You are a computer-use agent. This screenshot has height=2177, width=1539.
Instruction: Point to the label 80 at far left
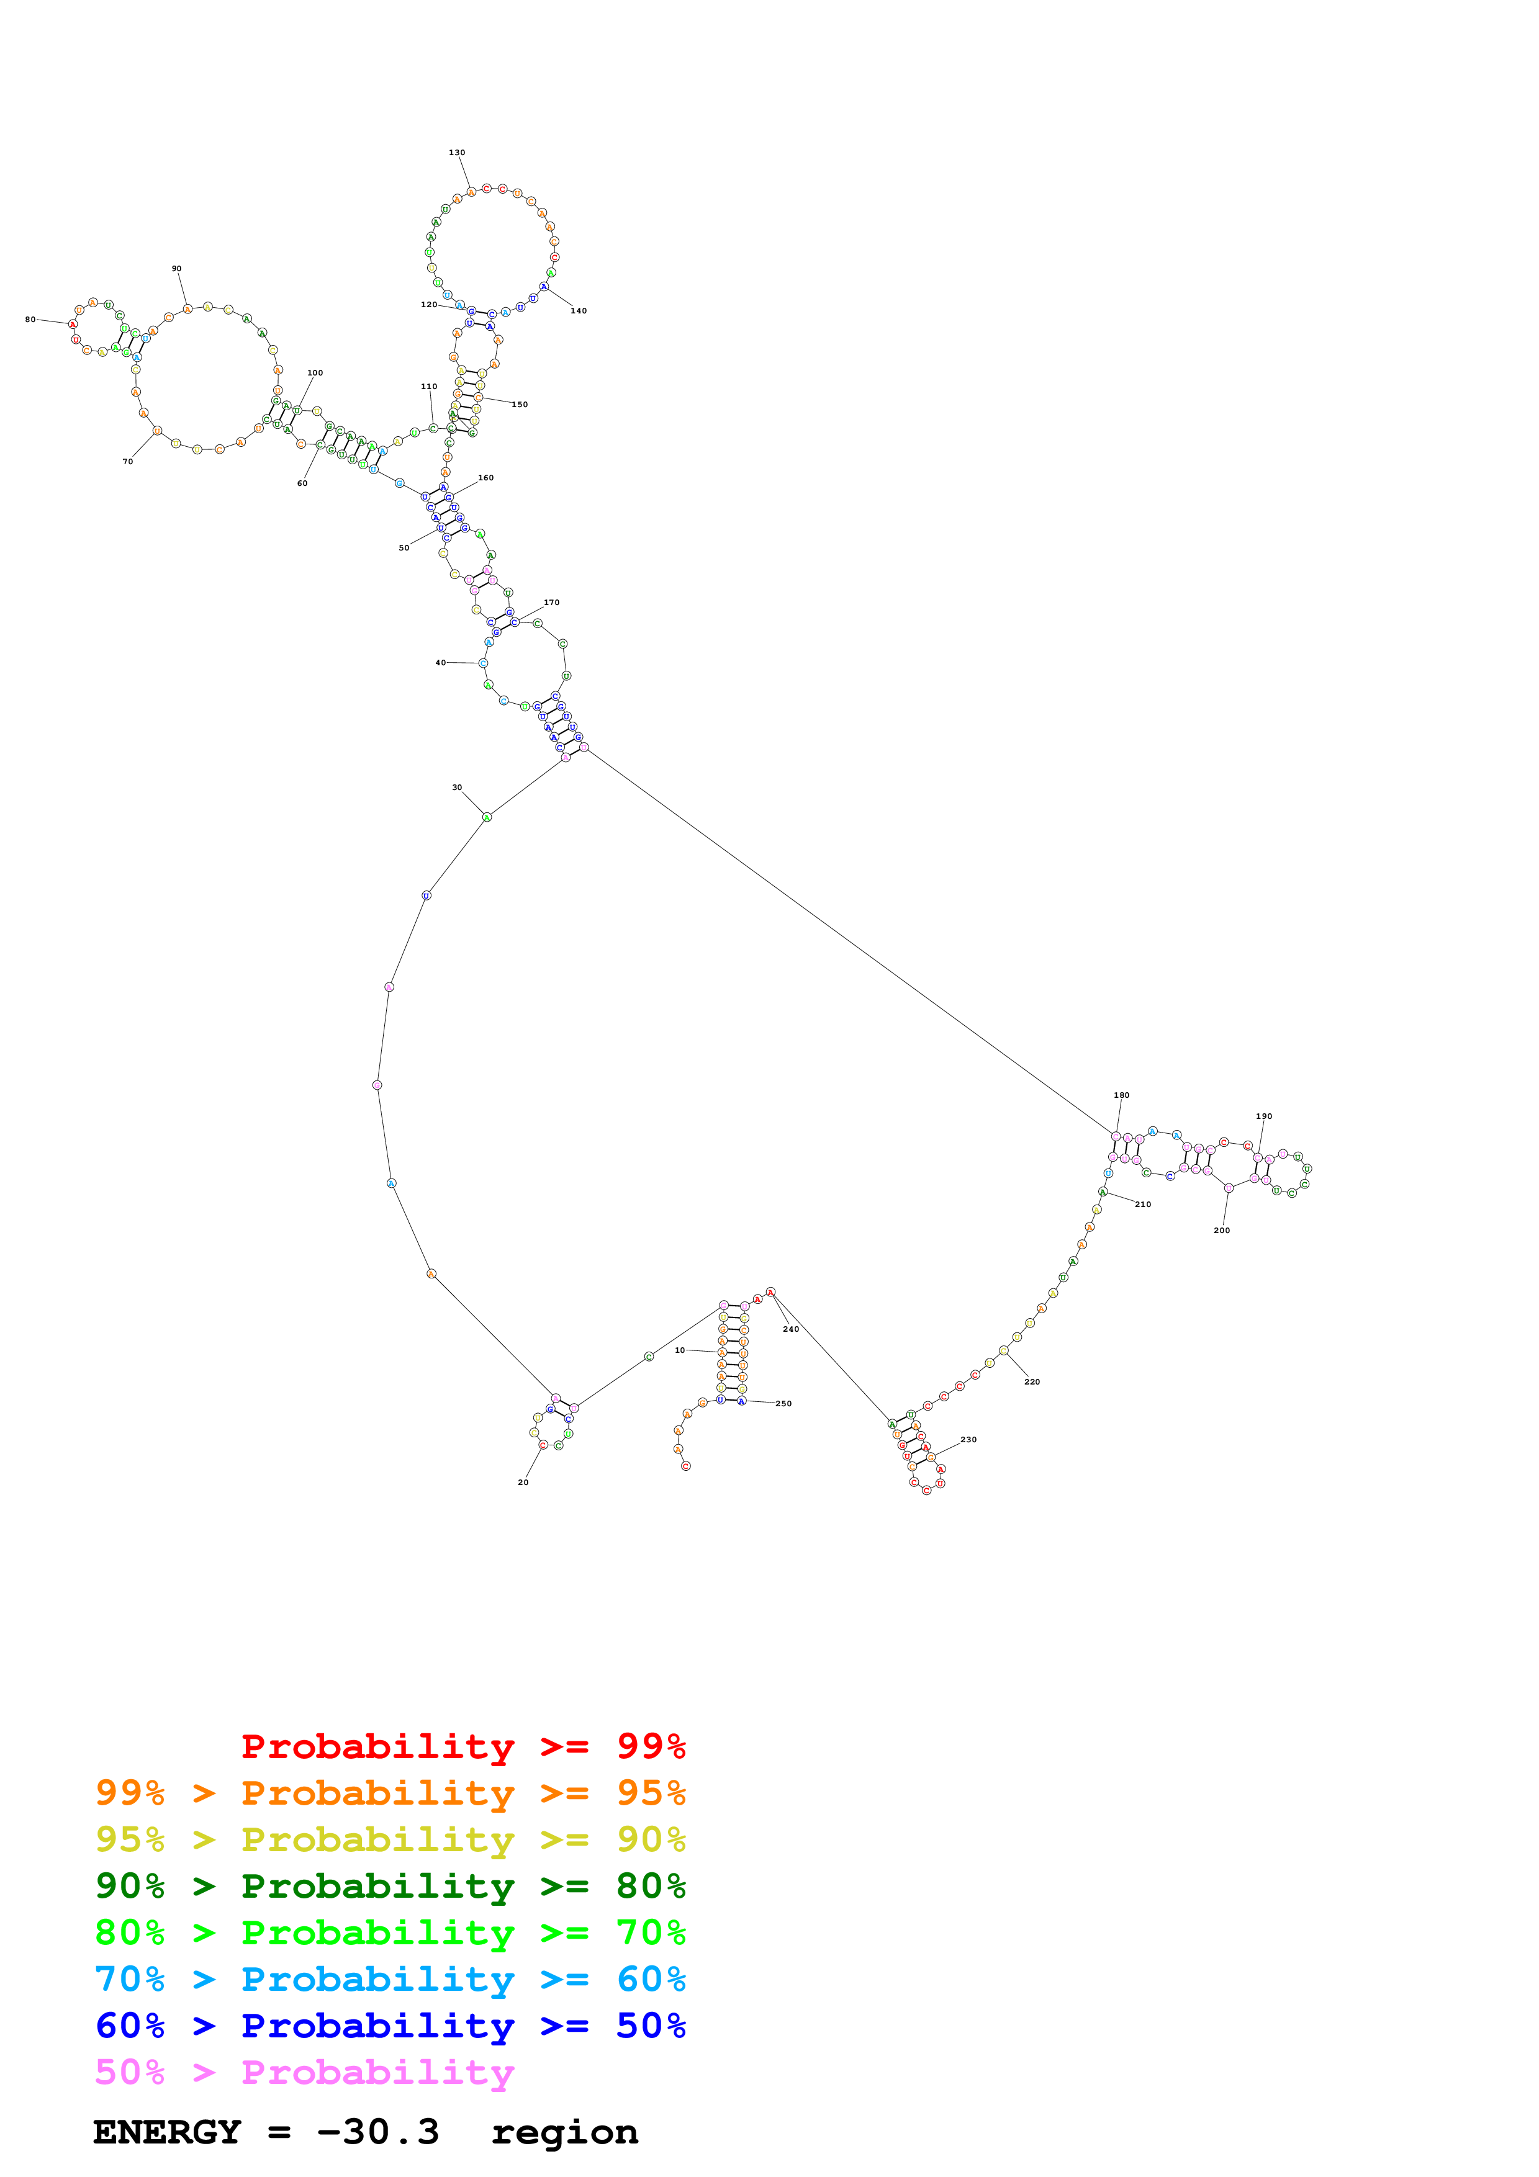click(30, 320)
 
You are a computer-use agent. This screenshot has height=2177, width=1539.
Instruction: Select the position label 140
click(579, 311)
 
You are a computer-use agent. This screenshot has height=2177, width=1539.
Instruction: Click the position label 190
click(1263, 1116)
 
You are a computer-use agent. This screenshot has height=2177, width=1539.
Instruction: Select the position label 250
click(783, 1403)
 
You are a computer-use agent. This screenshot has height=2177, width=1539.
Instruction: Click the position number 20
click(523, 1482)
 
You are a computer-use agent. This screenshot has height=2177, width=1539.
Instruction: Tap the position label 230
click(968, 1439)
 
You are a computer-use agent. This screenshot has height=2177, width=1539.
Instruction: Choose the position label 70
click(127, 462)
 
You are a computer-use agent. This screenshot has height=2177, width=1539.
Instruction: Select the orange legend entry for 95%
click(390, 1792)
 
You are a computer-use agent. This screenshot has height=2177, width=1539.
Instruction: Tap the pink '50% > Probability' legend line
click(304, 2072)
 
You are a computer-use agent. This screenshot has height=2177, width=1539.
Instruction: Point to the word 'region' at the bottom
click(564, 2132)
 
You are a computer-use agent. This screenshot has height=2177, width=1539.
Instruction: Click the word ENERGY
click(167, 2132)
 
